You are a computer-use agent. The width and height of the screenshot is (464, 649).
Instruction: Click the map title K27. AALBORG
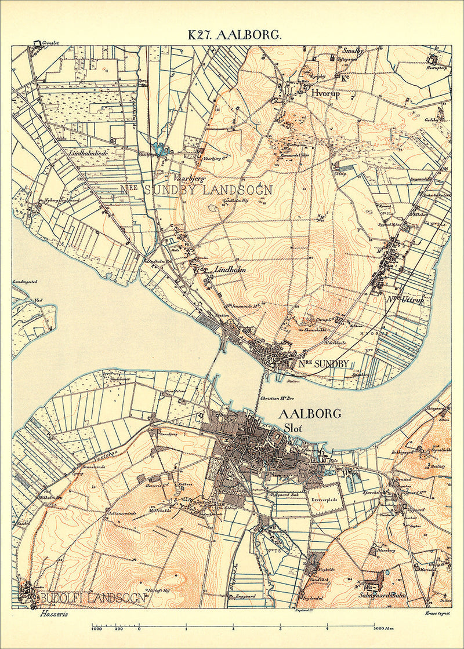[234, 35]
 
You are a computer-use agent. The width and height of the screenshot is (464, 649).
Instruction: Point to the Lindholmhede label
[89, 153]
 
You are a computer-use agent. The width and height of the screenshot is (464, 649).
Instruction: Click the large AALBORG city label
[310, 414]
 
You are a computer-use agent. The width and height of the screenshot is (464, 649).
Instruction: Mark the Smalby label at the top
[353, 51]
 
